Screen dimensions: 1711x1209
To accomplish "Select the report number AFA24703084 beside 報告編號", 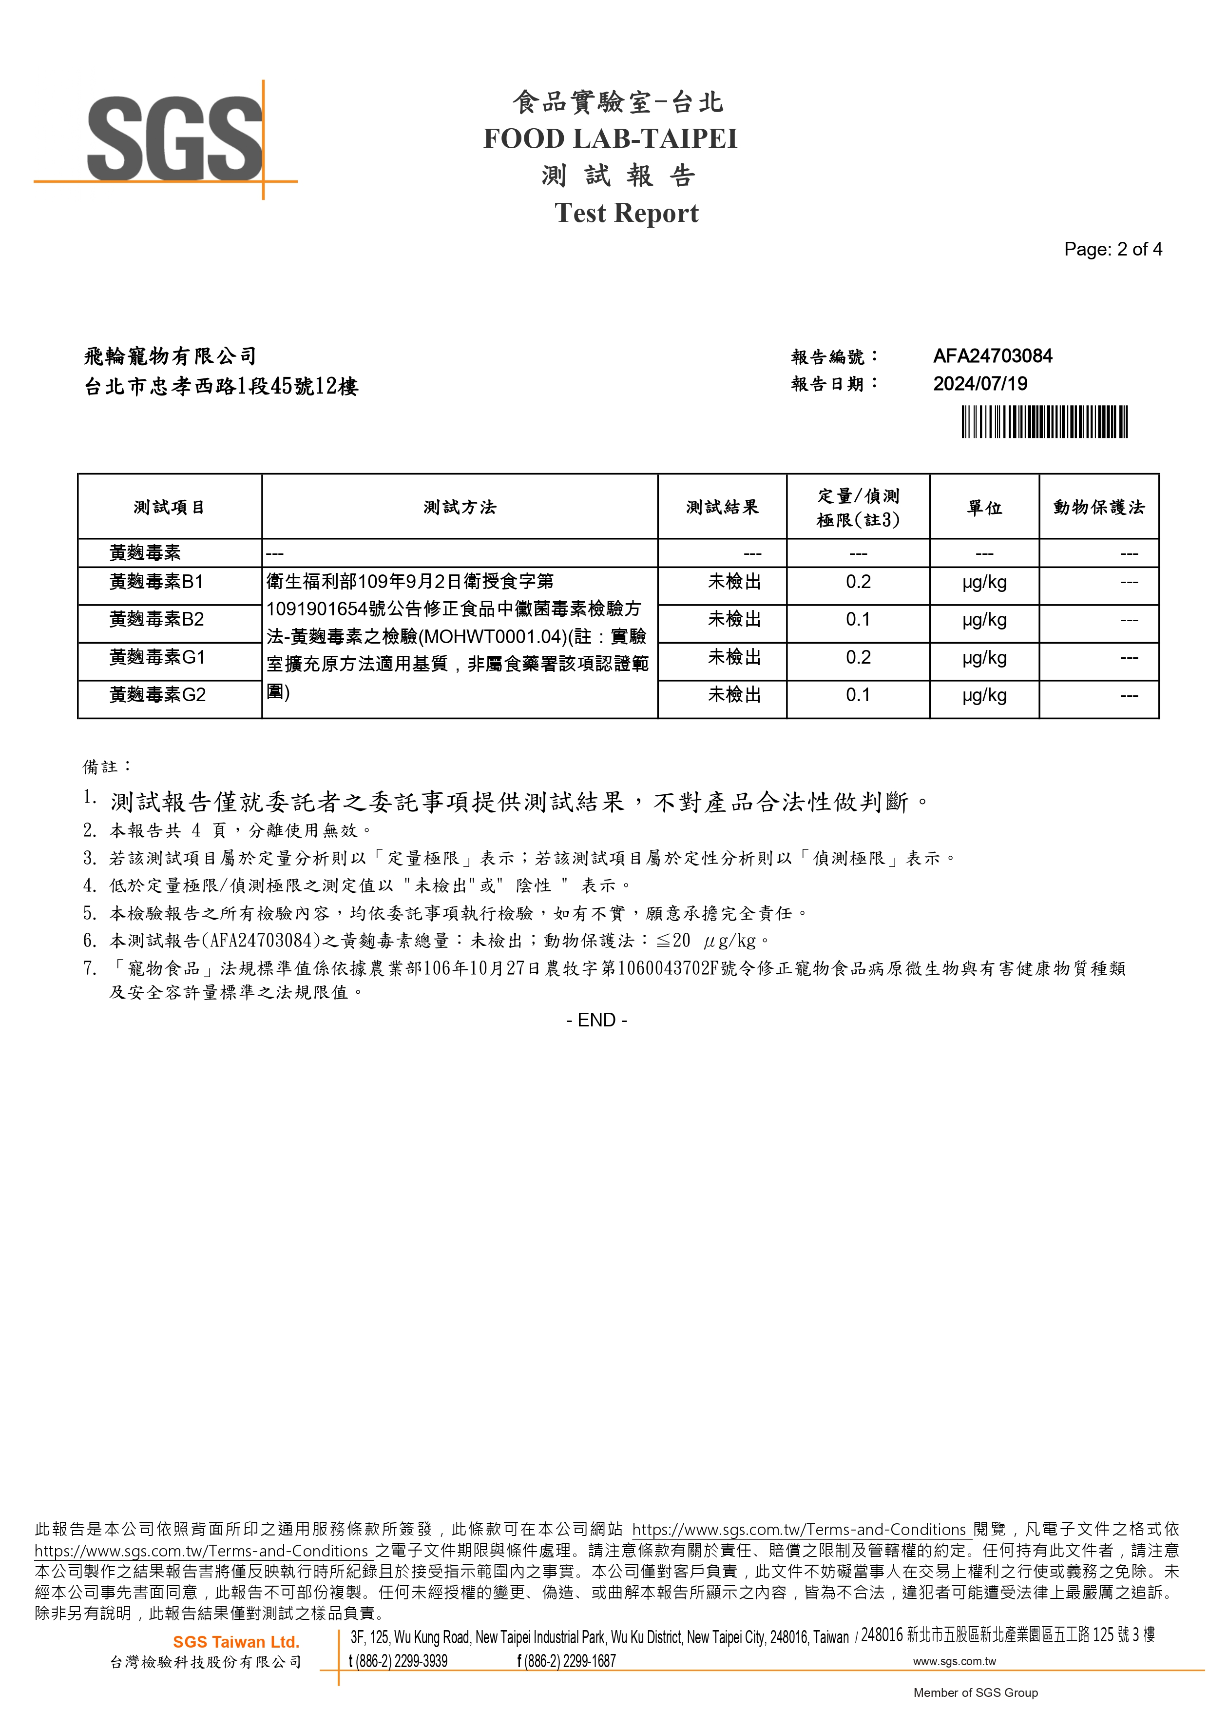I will click(992, 356).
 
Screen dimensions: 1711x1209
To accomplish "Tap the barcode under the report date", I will click(1044, 422).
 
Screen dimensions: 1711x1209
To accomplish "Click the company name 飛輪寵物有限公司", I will click(171, 356).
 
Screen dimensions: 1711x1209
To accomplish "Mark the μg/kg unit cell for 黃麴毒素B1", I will click(984, 583).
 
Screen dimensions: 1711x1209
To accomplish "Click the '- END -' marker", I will click(596, 1020).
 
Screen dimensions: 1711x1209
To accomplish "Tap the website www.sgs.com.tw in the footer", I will click(954, 1661).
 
